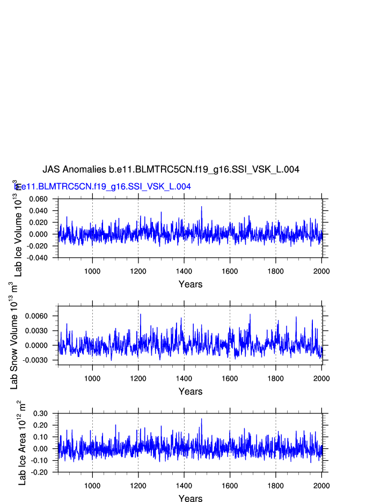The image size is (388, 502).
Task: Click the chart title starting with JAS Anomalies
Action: pos(171,169)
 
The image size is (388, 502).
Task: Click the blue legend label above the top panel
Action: pos(103,186)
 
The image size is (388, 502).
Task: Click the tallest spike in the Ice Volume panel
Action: pos(202,207)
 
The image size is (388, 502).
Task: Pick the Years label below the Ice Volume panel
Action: pos(191,284)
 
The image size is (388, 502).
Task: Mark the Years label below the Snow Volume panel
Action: pos(191,391)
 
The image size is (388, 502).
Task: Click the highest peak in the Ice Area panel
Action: pos(202,419)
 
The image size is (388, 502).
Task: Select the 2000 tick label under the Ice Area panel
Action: pos(321,485)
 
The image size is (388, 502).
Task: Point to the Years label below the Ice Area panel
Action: pos(191,499)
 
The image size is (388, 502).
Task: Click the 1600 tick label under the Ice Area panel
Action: pos(230,485)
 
